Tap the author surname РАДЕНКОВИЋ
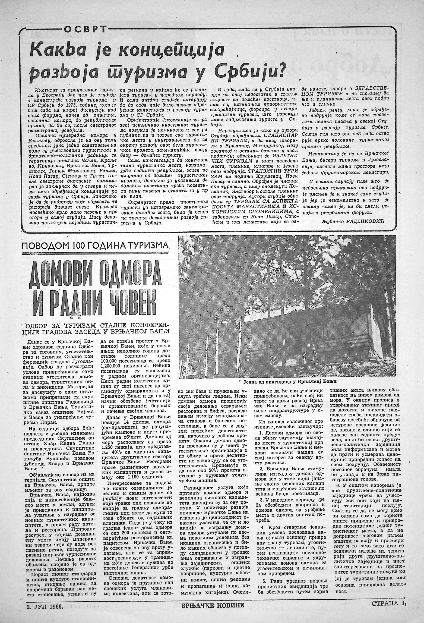coord(372,222)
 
